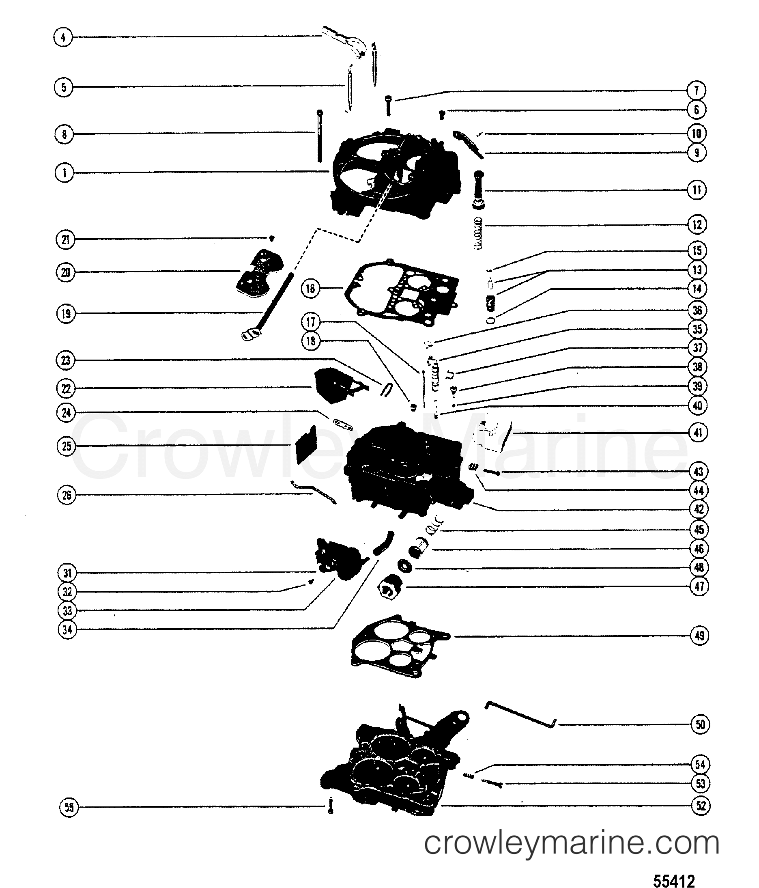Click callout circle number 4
63,37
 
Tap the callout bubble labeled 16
311,289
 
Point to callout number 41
699,432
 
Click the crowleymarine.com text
572,843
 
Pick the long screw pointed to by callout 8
320,136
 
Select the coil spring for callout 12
478,234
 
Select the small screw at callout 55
330,805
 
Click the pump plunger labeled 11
478,190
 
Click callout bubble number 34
67,629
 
